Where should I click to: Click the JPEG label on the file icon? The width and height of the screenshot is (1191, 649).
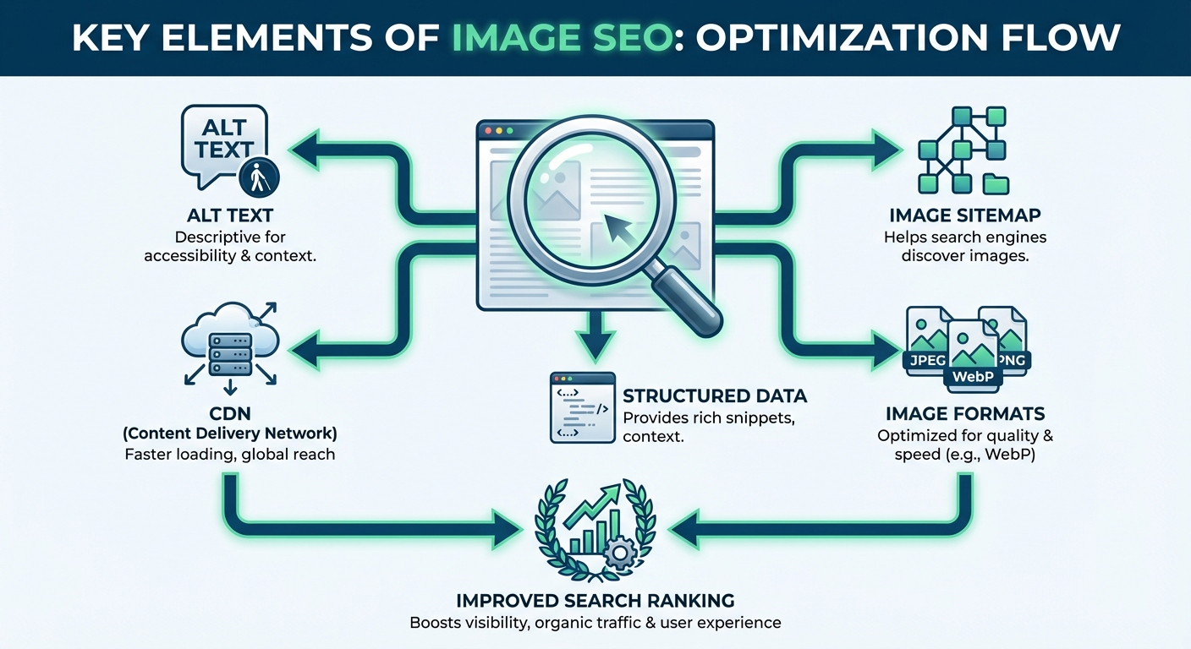click(x=925, y=359)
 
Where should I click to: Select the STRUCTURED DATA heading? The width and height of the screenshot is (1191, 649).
click(x=714, y=395)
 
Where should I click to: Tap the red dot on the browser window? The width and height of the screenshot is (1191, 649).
click(x=486, y=132)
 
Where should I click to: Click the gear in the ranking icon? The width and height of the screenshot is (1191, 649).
click(x=621, y=554)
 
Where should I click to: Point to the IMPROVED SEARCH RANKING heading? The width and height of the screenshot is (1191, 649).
click(x=595, y=601)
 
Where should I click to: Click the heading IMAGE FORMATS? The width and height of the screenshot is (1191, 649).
click(x=965, y=414)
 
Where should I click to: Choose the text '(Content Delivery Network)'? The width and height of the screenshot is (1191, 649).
click(x=229, y=434)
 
